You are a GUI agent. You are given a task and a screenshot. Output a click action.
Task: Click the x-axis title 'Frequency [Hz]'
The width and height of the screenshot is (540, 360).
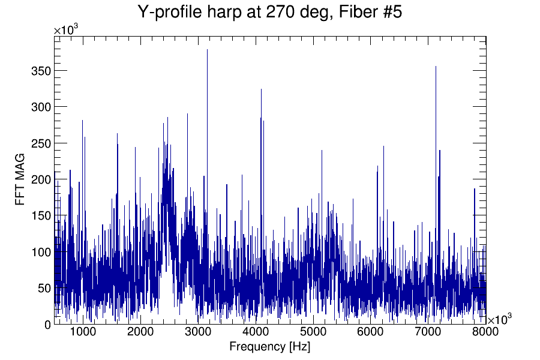[x=270, y=347]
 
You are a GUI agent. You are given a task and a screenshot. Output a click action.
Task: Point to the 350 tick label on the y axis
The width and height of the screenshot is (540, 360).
[x=40, y=71]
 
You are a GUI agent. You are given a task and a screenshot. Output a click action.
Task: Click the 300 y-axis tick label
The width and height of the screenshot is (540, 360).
[x=40, y=107]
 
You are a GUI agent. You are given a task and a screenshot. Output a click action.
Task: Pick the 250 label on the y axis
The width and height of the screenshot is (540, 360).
[x=40, y=143]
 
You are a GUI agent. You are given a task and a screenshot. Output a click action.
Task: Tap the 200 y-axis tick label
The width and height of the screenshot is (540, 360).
[x=40, y=179]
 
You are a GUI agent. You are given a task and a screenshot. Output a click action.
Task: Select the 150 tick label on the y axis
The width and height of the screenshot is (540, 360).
[x=40, y=215]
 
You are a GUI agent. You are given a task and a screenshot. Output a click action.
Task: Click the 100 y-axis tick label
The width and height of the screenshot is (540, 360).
[x=40, y=251]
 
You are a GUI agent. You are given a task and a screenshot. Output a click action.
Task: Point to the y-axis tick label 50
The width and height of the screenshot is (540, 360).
[x=42, y=288]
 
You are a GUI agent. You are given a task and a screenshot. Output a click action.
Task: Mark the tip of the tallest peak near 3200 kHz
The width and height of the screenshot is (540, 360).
[x=207, y=50]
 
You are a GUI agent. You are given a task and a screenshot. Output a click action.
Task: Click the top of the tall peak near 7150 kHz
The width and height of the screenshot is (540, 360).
[x=436, y=67]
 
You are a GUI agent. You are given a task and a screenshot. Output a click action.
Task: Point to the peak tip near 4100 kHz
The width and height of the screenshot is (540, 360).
[x=261, y=89]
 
